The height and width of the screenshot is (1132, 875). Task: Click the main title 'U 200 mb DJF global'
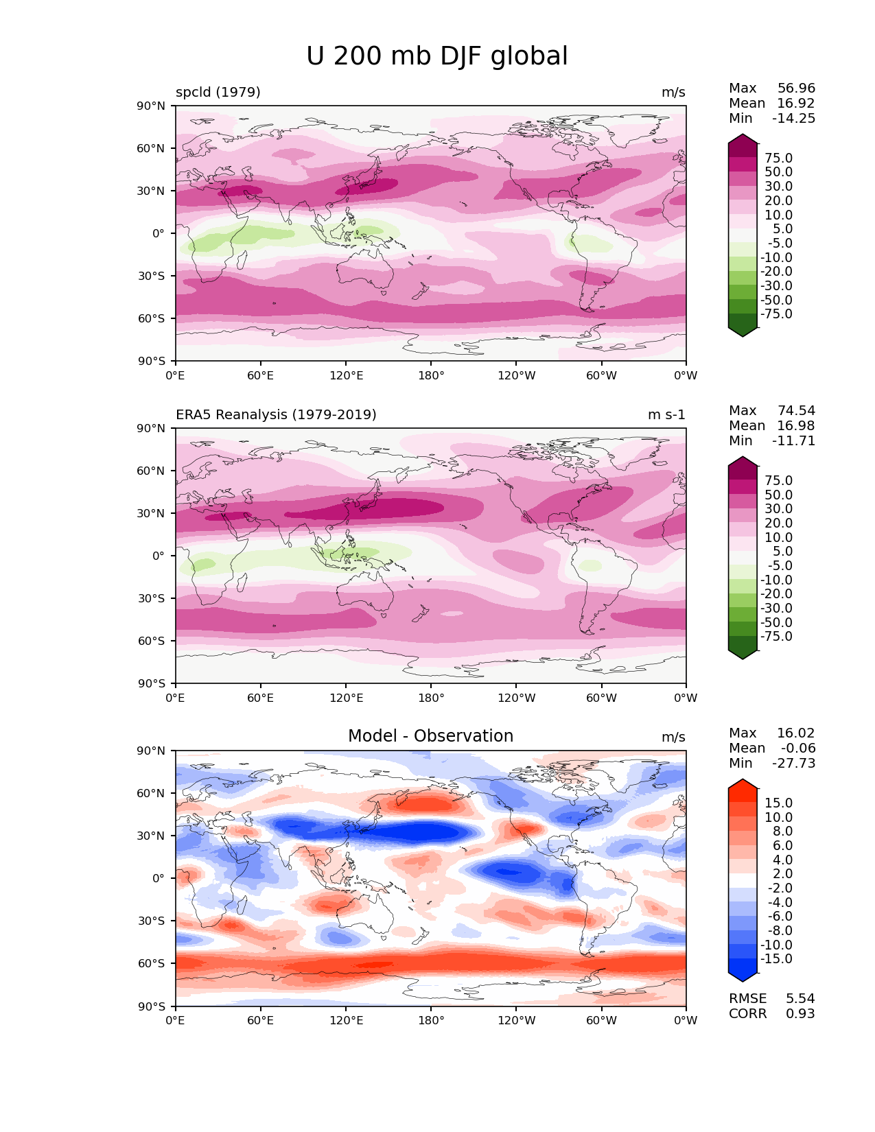(437, 56)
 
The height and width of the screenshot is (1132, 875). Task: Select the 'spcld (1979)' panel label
(218, 93)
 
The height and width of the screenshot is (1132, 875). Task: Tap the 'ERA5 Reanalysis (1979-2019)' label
(276, 415)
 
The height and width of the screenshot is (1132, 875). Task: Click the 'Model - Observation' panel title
(430, 736)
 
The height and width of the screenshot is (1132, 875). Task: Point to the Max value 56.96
(796, 89)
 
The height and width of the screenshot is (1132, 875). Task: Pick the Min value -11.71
(793, 441)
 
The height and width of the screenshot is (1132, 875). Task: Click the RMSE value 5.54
(800, 999)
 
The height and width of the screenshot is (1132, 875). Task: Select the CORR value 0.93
(800, 1014)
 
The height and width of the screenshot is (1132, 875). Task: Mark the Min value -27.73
(793, 764)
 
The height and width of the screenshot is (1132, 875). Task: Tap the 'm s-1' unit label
(666, 415)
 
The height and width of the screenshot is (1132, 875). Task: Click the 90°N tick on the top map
(152, 106)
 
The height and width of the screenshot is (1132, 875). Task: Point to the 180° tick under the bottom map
(431, 1021)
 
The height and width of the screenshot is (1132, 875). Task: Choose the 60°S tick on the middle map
(152, 641)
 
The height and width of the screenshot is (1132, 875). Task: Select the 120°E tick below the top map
(346, 376)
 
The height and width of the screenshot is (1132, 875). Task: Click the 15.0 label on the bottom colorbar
(778, 803)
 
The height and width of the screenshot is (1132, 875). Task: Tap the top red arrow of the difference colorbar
(743, 786)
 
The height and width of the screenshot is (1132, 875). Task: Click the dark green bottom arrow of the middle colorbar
(743, 655)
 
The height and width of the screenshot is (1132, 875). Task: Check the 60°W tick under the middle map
(601, 698)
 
